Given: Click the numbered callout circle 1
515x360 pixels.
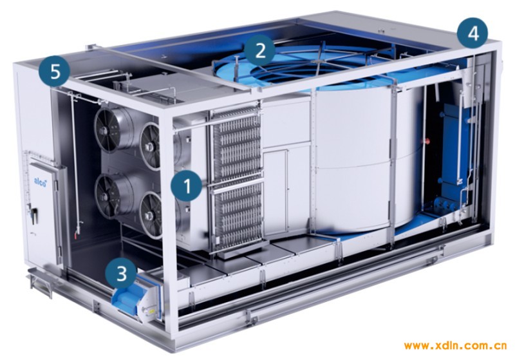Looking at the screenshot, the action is [187, 186].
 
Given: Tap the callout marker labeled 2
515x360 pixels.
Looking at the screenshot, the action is [260, 51].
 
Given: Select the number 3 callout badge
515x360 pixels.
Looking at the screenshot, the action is [122, 272].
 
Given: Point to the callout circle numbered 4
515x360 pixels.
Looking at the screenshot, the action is [473, 33].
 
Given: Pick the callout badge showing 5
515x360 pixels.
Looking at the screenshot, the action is [55, 72].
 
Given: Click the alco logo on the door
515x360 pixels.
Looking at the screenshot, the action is [40, 181].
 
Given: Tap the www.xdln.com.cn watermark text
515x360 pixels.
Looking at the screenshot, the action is [456, 346].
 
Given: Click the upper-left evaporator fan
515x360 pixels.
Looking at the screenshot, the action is [108, 128].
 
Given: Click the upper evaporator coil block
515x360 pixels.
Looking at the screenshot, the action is [236, 144].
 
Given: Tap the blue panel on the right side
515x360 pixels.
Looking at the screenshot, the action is [456, 155].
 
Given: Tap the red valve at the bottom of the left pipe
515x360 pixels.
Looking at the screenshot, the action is [77, 233].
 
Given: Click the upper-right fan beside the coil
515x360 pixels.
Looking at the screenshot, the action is [151, 146].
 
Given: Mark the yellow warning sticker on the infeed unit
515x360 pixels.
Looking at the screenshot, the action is [151, 310].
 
